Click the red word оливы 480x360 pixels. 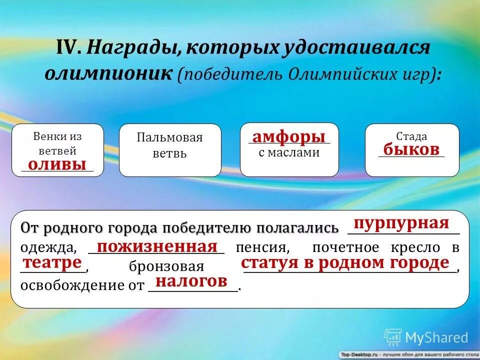click(57, 164)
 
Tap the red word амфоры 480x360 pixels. click(289, 136)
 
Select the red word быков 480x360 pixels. click(411, 149)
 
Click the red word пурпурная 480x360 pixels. click(401, 223)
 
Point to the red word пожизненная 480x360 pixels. click(157, 246)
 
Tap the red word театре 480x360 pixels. click(53, 262)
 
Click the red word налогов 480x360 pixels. click(192, 281)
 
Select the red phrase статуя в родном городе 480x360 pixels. click(345, 263)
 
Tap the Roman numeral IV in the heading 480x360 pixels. click(69, 48)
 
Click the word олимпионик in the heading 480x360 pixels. click(108, 73)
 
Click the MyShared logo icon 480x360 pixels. click(393, 337)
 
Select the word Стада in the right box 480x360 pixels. click(411, 136)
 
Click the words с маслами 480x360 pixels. click(289, 153)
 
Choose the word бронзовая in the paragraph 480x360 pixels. click(166, 266)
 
